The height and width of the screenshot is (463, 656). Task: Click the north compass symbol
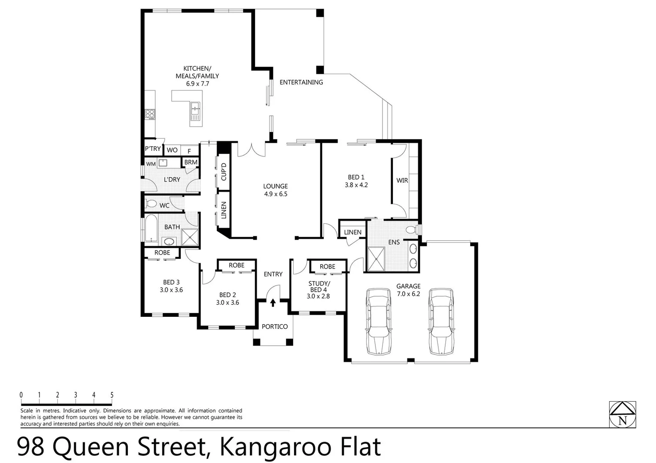point(623,415)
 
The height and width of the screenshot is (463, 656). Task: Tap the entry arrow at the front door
point(273,303)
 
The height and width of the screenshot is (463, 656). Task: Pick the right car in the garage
point(441,321)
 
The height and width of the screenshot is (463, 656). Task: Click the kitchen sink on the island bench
point(195,111)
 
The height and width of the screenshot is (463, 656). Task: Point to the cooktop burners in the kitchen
point(150,114)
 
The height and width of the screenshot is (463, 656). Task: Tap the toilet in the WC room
point(151,203)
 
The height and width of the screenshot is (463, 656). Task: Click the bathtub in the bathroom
point(151,228)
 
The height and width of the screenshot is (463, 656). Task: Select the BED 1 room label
point(356,177)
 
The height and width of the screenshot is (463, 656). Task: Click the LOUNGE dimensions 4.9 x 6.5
point(276,194)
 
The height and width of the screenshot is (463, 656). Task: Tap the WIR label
point(402,180)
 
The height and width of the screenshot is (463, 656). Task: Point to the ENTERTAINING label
point(301,82)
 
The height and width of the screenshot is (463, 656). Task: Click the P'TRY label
point(152,149)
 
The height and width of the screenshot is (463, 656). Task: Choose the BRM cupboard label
point(191,162)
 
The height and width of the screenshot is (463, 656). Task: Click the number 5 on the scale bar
point(112,395)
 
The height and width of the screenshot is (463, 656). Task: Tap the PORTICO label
point(274,327)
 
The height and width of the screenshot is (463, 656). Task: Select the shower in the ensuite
point(376,259)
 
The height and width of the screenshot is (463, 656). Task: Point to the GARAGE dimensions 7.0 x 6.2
point(408,294)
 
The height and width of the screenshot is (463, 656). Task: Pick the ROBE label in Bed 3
point(162,253)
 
